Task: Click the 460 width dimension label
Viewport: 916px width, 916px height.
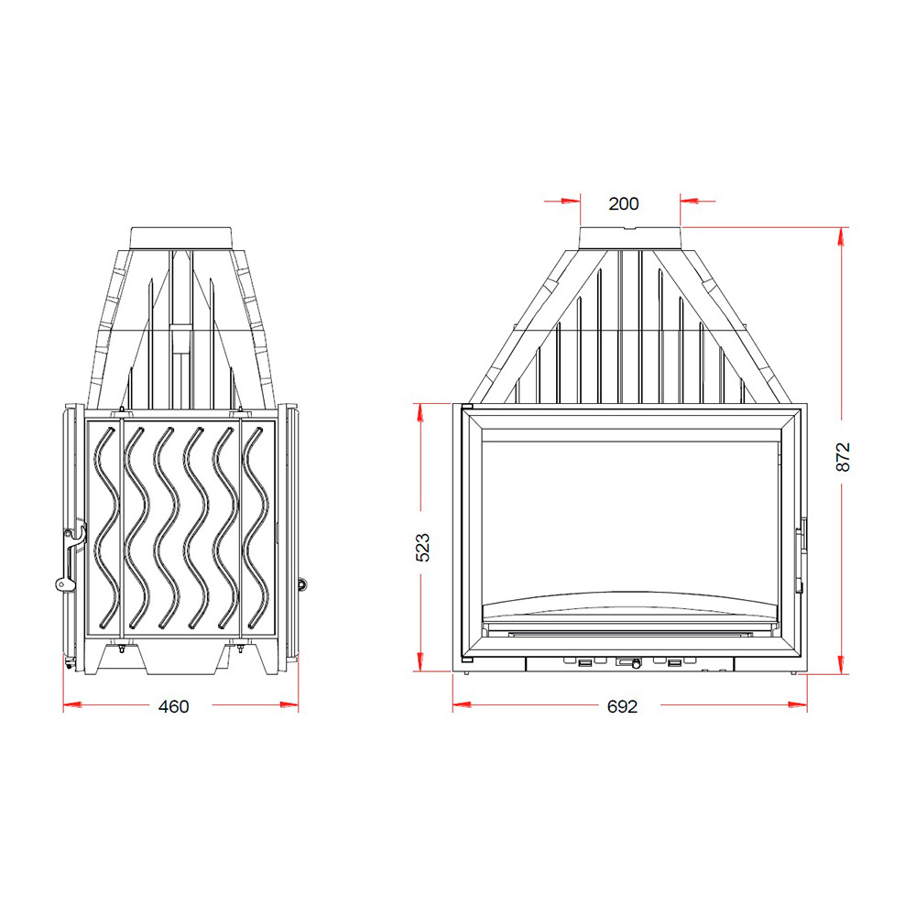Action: [x=173, y=707]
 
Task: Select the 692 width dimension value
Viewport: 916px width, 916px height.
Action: [x=622, y=707]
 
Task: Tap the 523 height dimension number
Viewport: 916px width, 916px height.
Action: [x=422, y=548]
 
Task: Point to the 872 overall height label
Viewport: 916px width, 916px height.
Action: [x=843, y=457]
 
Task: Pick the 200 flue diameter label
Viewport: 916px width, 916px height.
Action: [x=624, y=204]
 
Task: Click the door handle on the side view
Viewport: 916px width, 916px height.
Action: [x=71, y=559]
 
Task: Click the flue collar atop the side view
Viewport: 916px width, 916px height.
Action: [x=182, y=239]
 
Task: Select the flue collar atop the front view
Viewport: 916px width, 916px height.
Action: [x=630, y=239]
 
